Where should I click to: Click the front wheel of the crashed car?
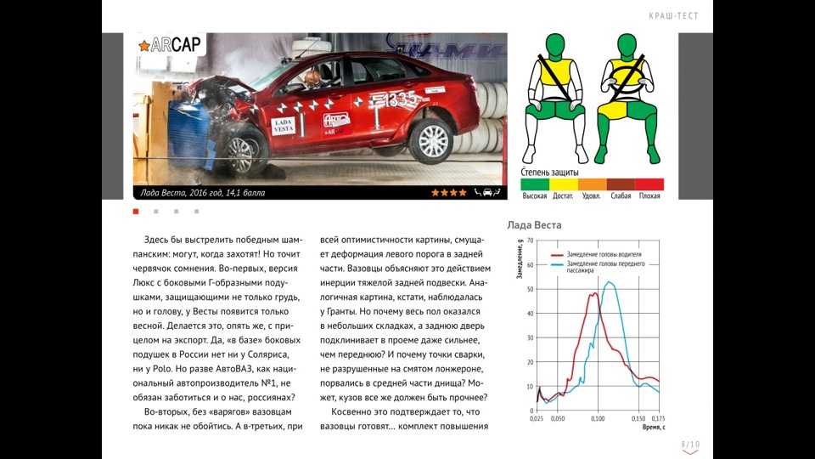241,154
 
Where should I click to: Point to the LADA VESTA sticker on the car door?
283,127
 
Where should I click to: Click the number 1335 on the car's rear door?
404,101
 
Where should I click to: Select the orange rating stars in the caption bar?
448,193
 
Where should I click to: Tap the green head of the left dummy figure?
555,46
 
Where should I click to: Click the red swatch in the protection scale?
649,184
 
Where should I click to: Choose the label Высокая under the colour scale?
535,196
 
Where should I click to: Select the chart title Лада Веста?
534,225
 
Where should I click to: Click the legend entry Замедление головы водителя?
604,254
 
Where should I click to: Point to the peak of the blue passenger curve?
610,282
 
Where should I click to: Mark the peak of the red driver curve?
593,294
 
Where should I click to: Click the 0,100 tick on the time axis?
598,419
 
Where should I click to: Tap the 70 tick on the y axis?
530,241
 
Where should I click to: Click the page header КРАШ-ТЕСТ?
674,16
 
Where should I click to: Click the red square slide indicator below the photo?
136,211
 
